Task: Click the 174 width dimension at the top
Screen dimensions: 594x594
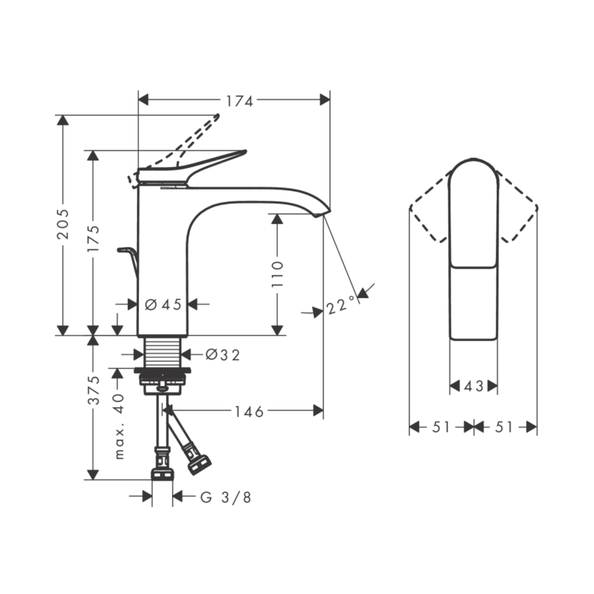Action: (x=239, y=101)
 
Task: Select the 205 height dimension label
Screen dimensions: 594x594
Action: (x=63, y=224)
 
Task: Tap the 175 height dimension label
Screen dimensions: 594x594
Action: (x=93, y=239)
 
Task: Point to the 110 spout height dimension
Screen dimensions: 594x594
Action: (x=277, y=274)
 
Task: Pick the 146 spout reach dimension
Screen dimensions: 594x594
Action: (x=249, y=412)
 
